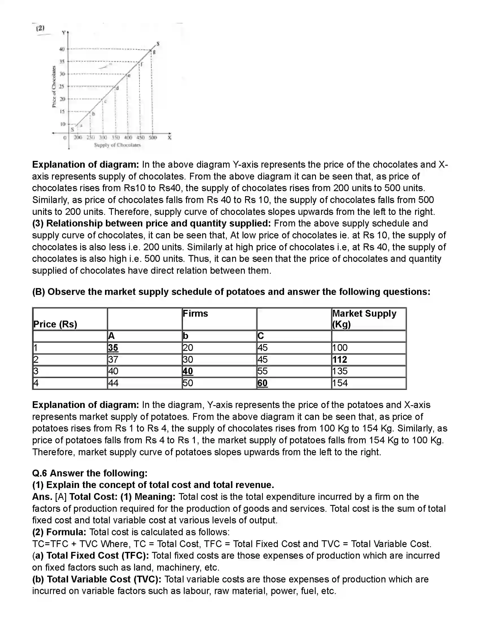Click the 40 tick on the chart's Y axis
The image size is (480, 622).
tap(62, 49)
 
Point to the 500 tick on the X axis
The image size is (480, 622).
tap(153, 138)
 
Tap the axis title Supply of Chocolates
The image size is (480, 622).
tap(117, 145)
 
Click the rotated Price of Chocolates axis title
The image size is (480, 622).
tap(54, 87)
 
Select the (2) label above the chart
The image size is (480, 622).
tap(40, 28)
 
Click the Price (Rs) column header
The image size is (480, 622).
tap(55, 324)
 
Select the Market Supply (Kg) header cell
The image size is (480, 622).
tap(364, 319)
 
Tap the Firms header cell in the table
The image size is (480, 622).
tap(195, 314)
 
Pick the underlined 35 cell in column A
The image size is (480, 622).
tap(113, 348)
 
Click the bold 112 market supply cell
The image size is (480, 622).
tap(339, 360)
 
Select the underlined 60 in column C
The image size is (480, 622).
tap(263, 383)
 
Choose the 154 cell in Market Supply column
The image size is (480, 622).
tap(340, 383)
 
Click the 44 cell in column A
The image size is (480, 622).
tap(113, 383)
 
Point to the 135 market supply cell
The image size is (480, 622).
tap(340, 371)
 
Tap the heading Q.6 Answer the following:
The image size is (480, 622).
tap(90, 473)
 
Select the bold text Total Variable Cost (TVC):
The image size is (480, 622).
tap(104, 579)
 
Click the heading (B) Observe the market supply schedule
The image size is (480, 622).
tap(231, 292)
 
